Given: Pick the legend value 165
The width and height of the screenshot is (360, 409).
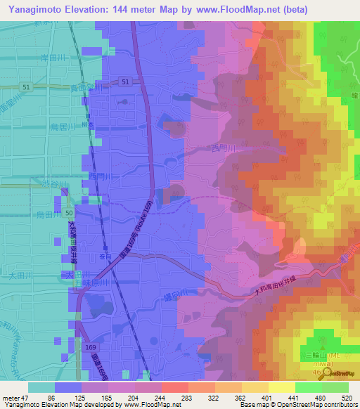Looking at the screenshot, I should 106,397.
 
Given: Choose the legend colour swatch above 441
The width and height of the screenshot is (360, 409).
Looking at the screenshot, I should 281,387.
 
